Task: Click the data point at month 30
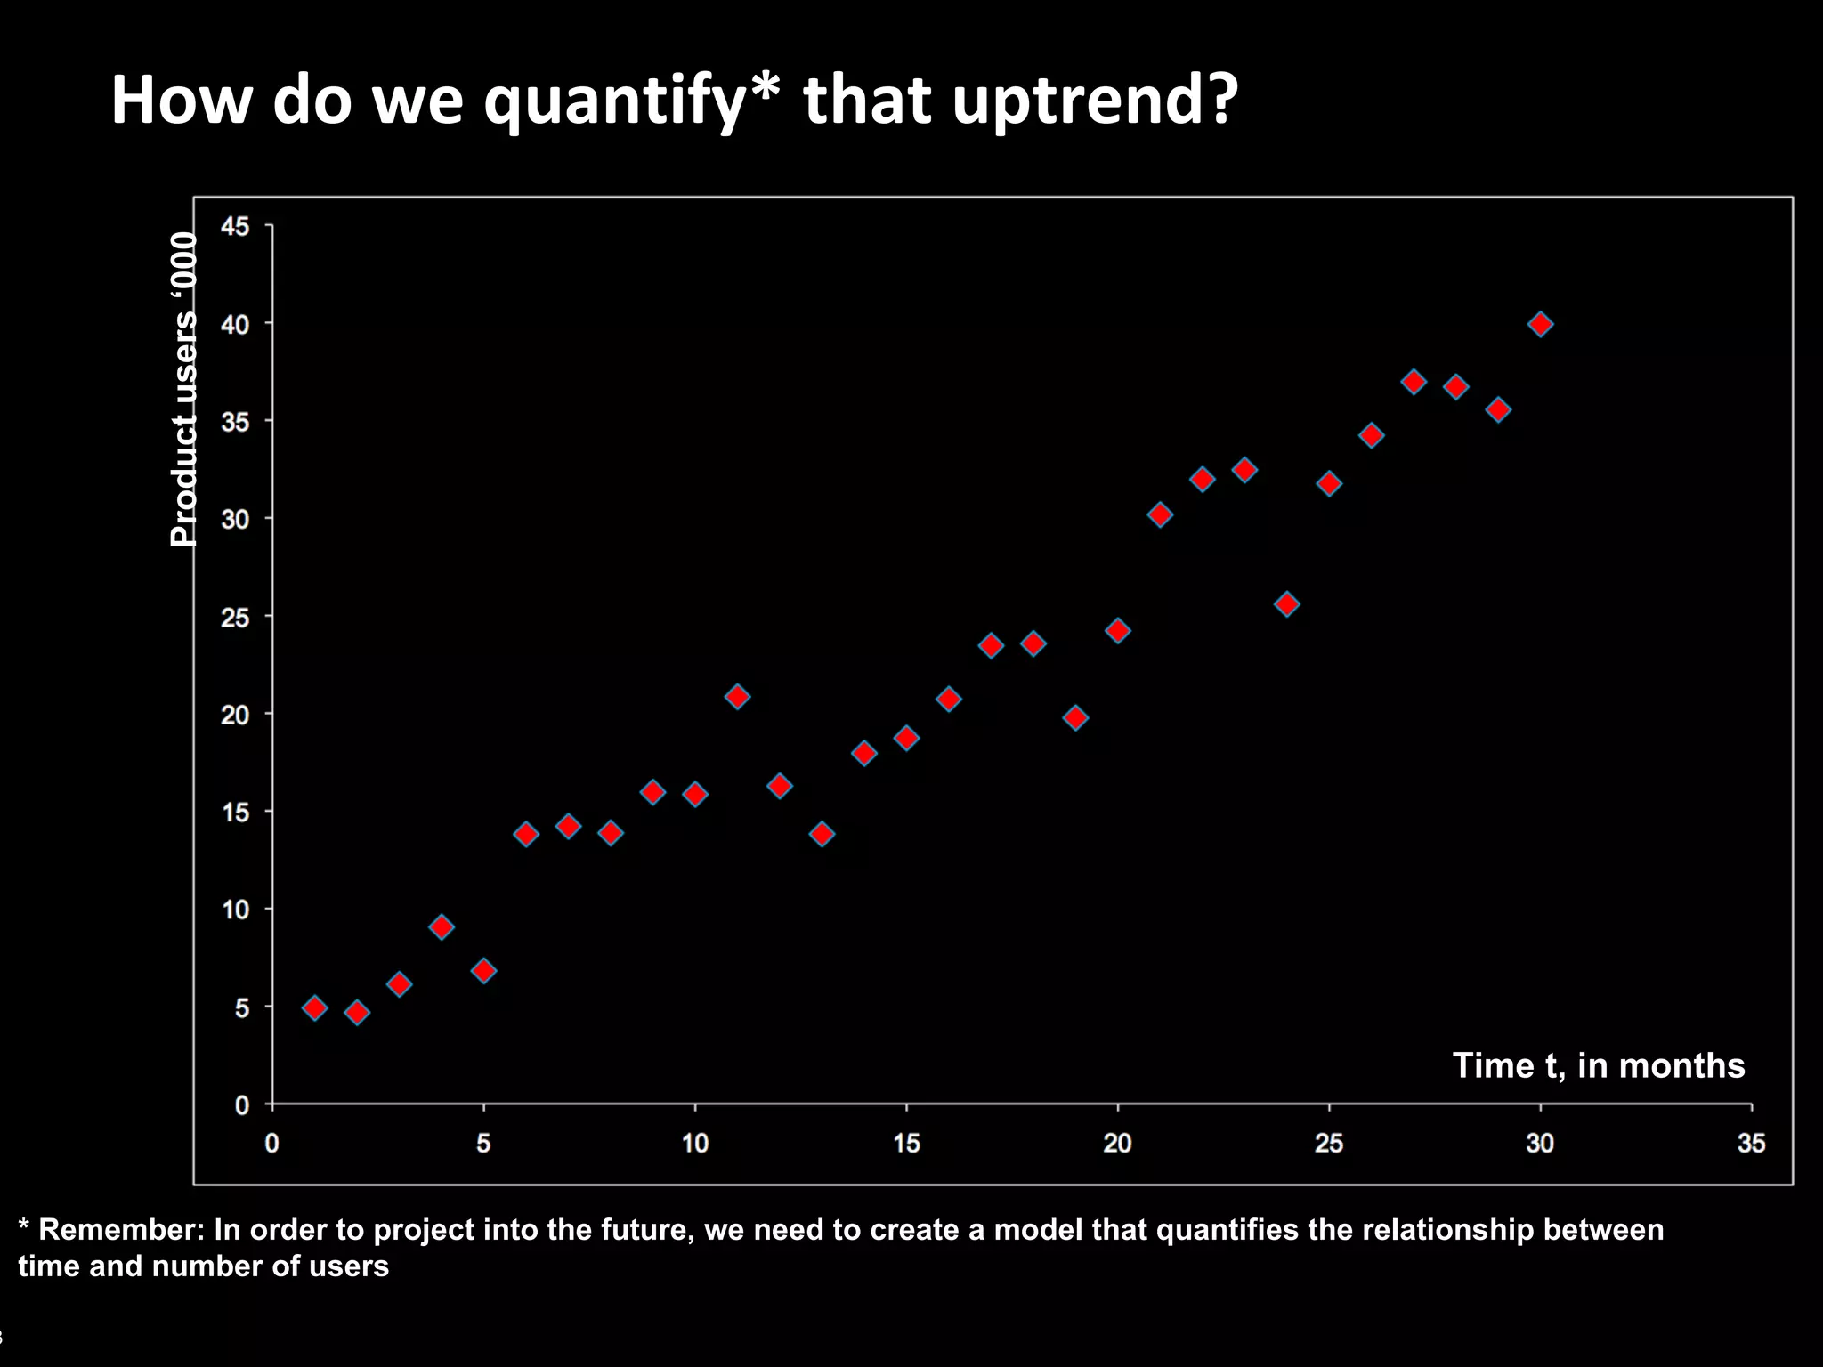point(1541,324)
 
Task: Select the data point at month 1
point(314,1007)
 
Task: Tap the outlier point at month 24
point(1287,604)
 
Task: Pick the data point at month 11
point(737,696)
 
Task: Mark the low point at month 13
point(822,834)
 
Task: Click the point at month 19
point(1075,717)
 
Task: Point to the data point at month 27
point(1414,382)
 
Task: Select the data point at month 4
point(442,926)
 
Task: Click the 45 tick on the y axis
point(235,226)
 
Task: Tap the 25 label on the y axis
point(235,617)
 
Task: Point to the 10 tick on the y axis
point(235,910)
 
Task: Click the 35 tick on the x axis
point(1751,1143)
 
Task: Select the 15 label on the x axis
point(906,1143)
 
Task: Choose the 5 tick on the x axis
point(483,1143)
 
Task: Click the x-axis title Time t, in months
point(1599,1065)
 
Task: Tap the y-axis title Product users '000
point(183,389)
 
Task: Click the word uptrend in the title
point(1094,100)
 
